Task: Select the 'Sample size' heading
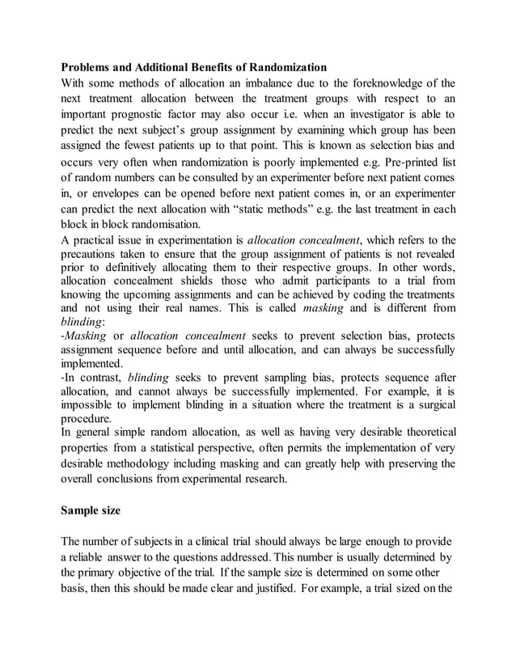pos(95,511)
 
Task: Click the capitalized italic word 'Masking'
pos(87,335)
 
